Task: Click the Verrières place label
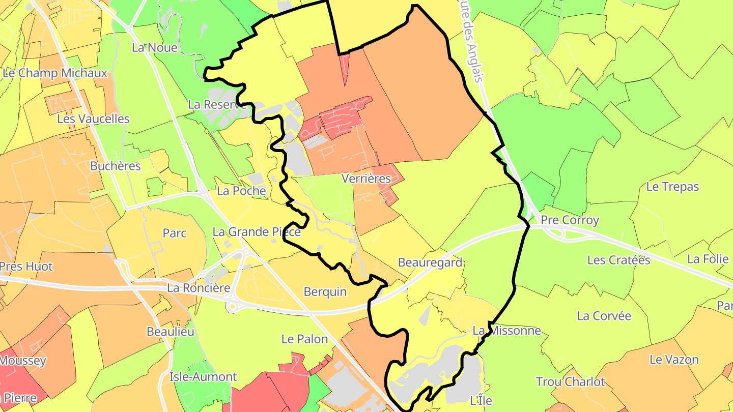tap(366, 179)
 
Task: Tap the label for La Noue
tap(154, 48)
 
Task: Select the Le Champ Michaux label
tap(55, 73)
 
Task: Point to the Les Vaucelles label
tap(93, 119)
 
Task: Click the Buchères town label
tap(115, 166)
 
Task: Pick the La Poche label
tap(241, 191)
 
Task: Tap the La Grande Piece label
tap(257, 232)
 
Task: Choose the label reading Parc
tap(175, 233)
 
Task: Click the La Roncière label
tap(199, 288)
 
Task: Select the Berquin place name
tap(325, 292)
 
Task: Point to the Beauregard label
tap(430, 262)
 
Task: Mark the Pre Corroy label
tap(570, 220)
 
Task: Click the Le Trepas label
tap(672, 187)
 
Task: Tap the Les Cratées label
tap(618, 260)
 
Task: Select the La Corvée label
tap(604, 316)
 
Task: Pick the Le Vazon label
tap(674, 360)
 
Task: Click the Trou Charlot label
tap(570, 381)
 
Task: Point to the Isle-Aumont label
tap(203, 377)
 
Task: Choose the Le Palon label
tap(304, 339)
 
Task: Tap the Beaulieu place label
tap(170, 332)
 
